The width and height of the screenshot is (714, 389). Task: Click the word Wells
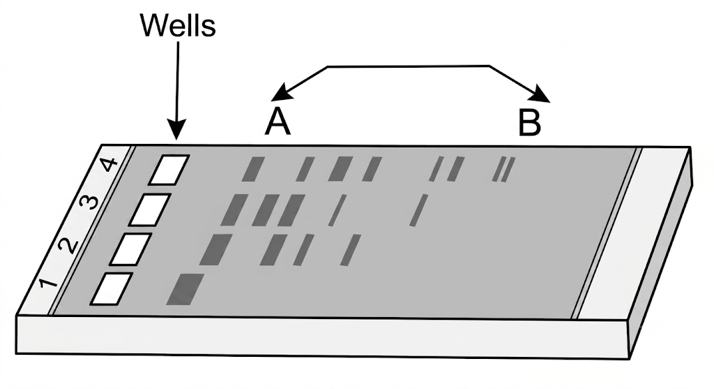(178, 26)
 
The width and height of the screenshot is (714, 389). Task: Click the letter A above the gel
(278, 122)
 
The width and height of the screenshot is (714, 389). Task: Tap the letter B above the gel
(530, 122)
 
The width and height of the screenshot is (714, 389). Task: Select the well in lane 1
(112, 288)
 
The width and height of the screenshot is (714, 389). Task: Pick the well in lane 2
(130, 249)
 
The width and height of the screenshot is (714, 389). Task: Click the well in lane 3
(150, 210)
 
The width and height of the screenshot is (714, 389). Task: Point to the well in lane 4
(169, 170)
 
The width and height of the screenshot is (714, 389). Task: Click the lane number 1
(48, 284)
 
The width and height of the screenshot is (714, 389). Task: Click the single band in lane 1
(185, 289)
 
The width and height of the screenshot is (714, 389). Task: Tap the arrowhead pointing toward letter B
(541, 94)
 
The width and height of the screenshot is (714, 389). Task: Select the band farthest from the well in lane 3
(419, 210)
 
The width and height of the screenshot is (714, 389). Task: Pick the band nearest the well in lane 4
(253, 169)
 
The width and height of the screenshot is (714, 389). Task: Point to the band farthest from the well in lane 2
(351, 250)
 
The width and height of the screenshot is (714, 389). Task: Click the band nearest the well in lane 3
(234, 210)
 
